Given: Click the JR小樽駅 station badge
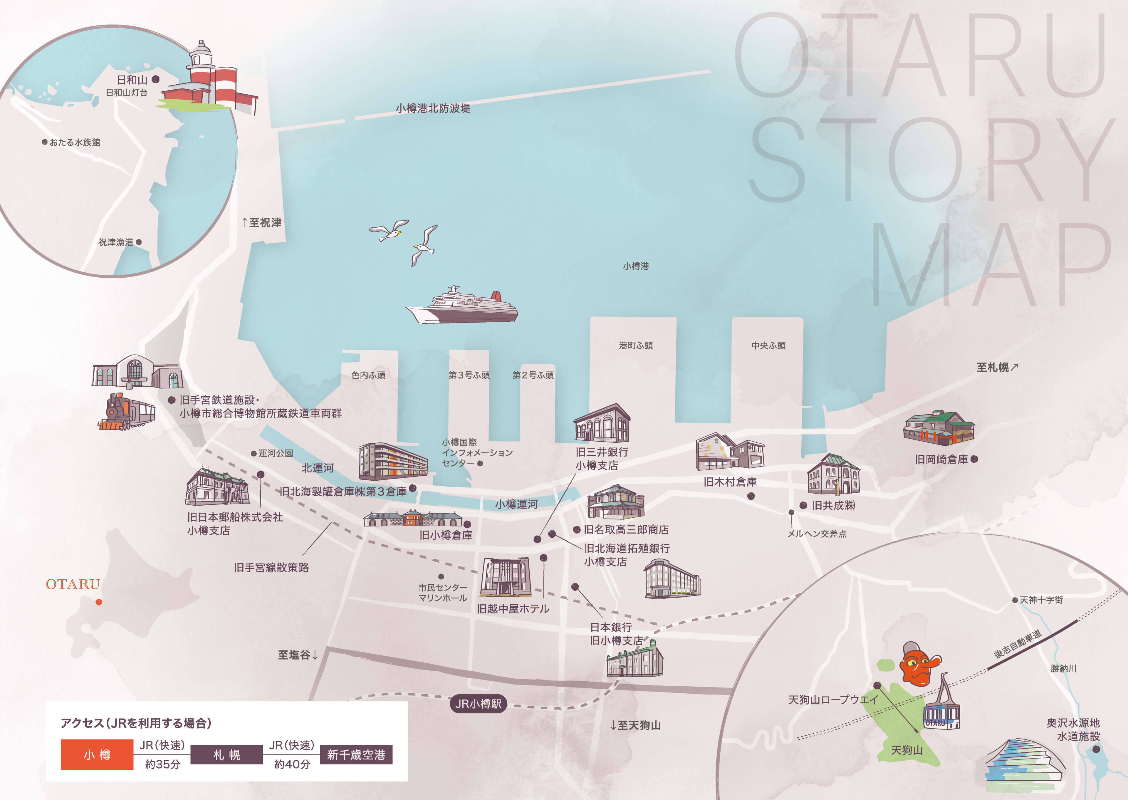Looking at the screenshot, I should pos(478,703).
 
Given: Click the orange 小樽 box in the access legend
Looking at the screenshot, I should pos(97,754).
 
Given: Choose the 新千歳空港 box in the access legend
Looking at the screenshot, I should pos(356,754).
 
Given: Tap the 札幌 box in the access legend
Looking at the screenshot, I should pos(226,754).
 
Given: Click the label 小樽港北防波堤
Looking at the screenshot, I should pos(433,108).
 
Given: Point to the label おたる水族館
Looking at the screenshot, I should pos(74,142).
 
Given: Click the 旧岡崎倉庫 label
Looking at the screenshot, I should pos(941,459).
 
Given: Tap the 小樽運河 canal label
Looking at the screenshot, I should pos(516,504).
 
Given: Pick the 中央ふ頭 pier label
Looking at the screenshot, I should pos(768,345).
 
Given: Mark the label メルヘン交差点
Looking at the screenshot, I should pos(817,534).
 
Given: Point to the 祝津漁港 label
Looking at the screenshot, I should pos(116,242).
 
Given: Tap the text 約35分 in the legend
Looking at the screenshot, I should pos(162,764).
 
